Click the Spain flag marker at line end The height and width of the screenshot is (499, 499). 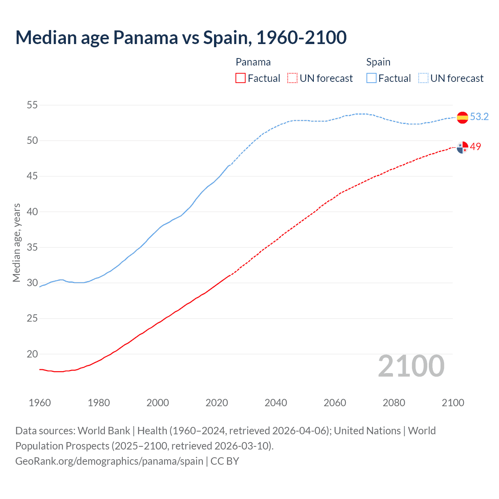tap(462, 117)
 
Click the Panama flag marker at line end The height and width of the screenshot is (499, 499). tap(462, 147)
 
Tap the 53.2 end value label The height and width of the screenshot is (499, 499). tap(479, 117)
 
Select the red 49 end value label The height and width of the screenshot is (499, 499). tap(476, 147)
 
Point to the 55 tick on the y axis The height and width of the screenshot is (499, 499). tap(32, 105)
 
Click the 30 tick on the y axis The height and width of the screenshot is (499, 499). tap(32, 283)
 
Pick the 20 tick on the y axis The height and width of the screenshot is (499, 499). tap(32, 354)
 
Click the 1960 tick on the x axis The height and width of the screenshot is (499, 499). tap(40, 403)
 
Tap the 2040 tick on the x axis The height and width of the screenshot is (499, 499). tap(276, 403)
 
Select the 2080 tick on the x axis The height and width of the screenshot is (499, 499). tap(394, 403)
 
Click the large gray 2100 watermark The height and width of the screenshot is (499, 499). tap(411, 366)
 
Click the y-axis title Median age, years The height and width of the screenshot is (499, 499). tap(16, 242)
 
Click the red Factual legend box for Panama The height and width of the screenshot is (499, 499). tap(241, 78)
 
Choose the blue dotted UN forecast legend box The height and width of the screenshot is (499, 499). tap(423, 78)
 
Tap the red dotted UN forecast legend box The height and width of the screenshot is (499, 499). tap(292, 78)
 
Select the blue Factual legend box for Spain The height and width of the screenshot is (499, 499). tap(372, 78)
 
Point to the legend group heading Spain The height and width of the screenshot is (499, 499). tap(378, 62)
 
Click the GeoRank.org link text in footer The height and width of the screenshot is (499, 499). tap(109, 461)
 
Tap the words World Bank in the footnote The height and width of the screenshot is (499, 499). tap(104, 431)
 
